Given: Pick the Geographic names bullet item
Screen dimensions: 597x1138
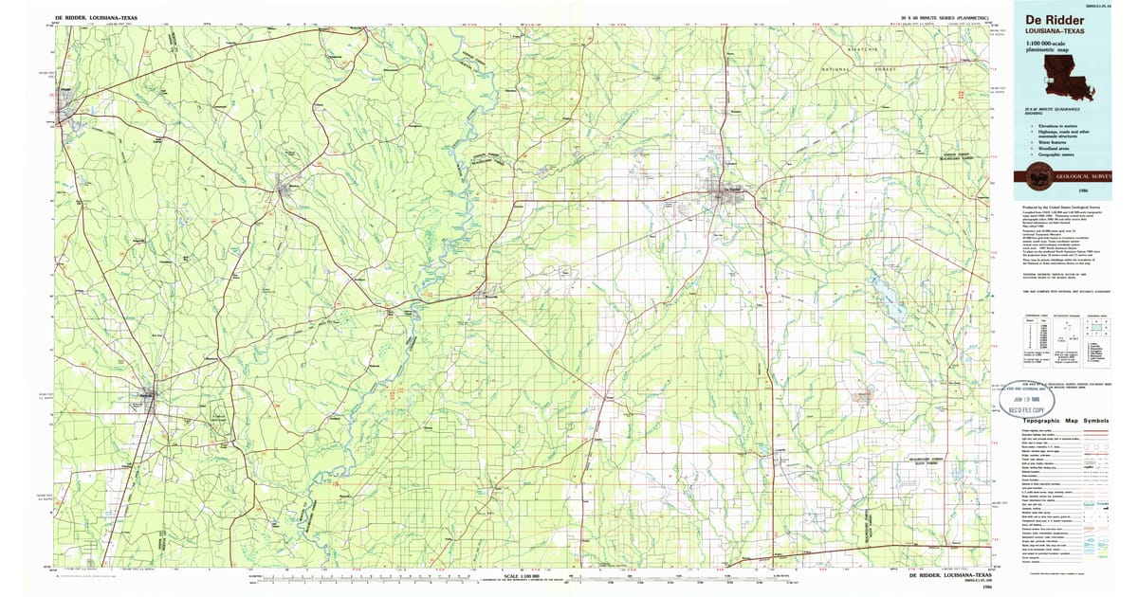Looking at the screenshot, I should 1056,154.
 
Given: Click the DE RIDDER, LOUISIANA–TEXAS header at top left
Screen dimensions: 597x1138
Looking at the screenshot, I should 96,18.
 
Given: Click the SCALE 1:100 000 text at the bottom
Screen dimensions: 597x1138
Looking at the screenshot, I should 522,575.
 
